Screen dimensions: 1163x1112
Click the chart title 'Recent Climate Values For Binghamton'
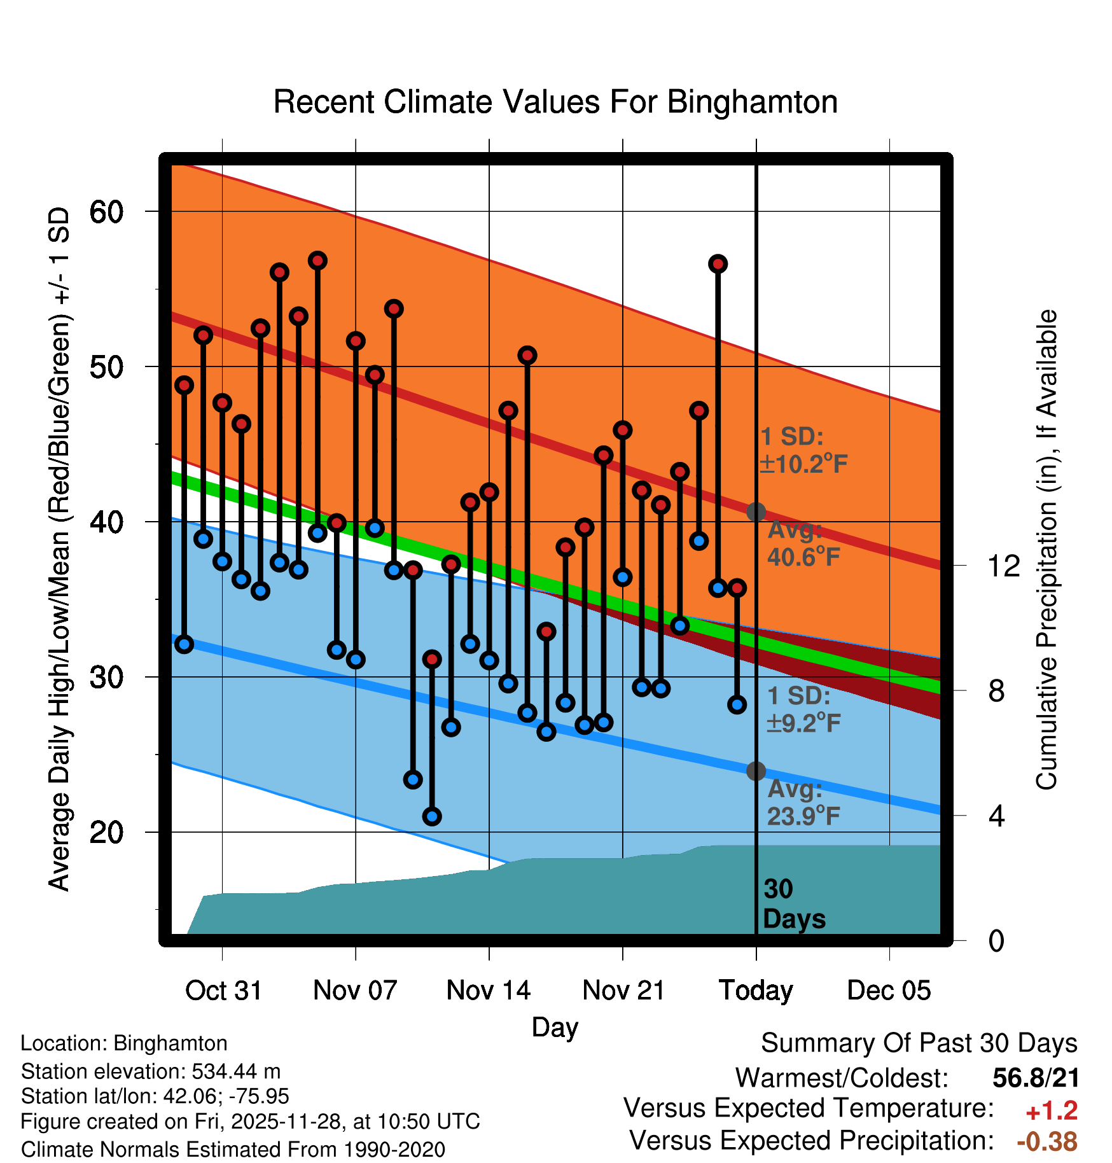tap(555, 102)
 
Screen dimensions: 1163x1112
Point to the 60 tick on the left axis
tap(106, 212)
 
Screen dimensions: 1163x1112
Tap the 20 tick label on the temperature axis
tap(106, 832)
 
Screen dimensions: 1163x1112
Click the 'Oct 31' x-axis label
tap(223, 991)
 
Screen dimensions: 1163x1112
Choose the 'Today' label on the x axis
tap(756, 991)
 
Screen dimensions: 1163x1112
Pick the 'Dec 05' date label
tap(889, 991)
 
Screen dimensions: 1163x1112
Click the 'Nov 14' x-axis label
tap(489, 991)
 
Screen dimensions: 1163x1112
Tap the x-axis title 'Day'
tap(555, 1027)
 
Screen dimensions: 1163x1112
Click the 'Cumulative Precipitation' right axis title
tap(1046, 550)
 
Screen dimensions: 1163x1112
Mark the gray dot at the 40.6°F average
tap(756, 512)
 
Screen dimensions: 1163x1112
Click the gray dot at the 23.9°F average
tap(756, 771)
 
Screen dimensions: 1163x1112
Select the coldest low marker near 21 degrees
tap(432, 816)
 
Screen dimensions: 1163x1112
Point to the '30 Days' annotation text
tap(793, 904)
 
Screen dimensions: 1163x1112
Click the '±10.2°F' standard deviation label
tap(803, 464)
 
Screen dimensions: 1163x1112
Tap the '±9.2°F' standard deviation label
tap(803, 723)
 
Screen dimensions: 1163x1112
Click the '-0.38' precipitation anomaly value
tap(1047, 1141)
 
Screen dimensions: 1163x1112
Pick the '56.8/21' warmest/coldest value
tap(1036, 1078)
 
